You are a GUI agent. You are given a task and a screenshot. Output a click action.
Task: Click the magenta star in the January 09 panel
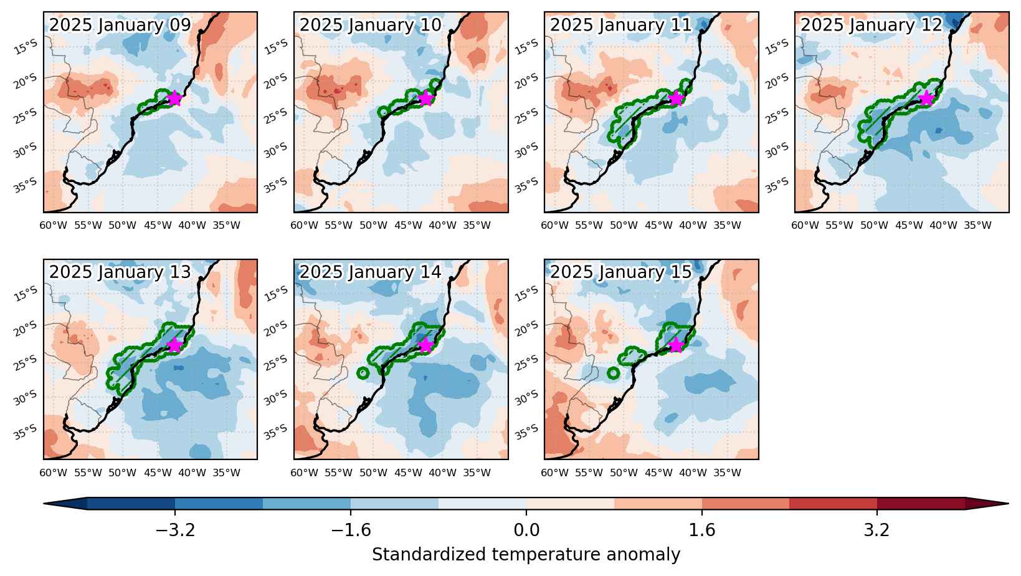coord(174,98)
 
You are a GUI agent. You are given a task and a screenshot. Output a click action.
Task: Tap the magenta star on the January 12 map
coord(926,98)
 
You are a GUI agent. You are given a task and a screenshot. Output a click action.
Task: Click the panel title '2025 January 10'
coord(370,25)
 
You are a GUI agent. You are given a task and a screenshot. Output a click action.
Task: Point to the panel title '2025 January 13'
coord(120,272)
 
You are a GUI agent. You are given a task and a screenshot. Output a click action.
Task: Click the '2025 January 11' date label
coord(621,25)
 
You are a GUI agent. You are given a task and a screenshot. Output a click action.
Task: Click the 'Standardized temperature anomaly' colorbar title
coord(526,555)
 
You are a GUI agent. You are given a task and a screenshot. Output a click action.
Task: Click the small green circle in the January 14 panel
coord(363,373)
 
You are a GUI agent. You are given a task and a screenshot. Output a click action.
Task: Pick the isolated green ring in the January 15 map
coord(613,373)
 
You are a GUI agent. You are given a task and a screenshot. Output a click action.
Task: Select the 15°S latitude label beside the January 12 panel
coord(777,47)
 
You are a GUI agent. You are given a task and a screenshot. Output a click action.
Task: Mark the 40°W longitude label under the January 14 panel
coord(442,473)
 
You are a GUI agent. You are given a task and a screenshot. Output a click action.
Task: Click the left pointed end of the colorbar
coord(44,504)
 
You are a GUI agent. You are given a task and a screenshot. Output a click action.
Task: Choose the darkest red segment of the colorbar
coord(921,504)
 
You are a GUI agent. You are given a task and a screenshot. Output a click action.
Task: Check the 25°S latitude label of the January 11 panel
coord(526,116)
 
